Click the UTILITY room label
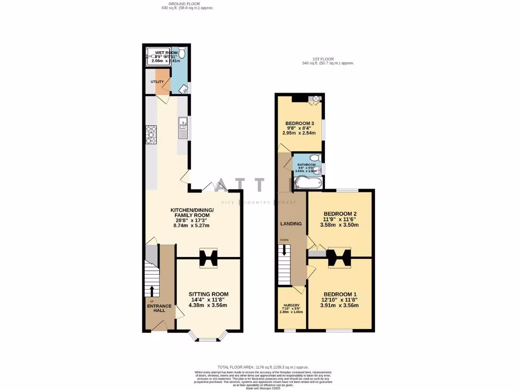(157, 81)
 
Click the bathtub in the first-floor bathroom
(306, 182)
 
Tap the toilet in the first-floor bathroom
(315, 158)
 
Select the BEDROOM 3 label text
(299, 123)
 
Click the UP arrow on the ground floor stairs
(152, 290)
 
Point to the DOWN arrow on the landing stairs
(284, 249)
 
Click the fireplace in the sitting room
(208, 258)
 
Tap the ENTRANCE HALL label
(159, 308)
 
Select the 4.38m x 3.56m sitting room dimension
(208, 305)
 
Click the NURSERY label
(291, 306)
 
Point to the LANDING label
(291, 224)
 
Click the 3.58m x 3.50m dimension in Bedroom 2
(341, 224)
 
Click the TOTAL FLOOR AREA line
(263, 367)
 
